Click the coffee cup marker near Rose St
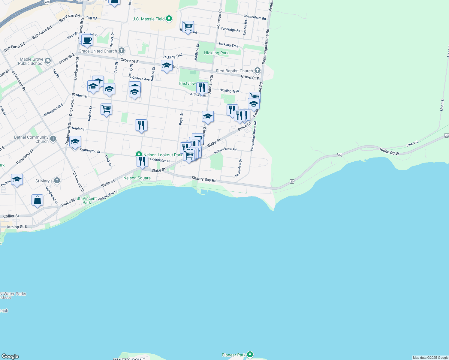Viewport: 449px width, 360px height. tap(87, 40)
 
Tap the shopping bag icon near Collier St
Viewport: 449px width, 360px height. tap(37, 200)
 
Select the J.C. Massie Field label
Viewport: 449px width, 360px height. tap(149, 19)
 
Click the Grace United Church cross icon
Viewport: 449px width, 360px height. tap(122, 51)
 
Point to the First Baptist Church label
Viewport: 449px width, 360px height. tap(234, 71)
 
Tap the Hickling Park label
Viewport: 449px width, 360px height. tap(216, 53)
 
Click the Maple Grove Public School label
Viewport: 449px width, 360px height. tap(31, 61)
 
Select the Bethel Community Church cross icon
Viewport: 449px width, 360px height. tap(53, 139)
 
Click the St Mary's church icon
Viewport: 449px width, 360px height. tap(57, 181)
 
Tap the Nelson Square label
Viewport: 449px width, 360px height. tap(137, 178)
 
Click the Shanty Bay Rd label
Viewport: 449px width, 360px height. tap(204, 179)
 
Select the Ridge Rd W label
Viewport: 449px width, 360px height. tap(389, 151)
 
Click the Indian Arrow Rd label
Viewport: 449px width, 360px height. tap(225, 151)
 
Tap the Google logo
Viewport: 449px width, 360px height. tap(10, 356)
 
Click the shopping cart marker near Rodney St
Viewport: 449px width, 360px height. tap(106, 109)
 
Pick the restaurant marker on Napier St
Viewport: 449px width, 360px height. tap(141, 125)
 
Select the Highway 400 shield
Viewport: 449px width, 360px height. tap(47, 2)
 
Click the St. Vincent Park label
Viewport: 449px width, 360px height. tap(86, 200)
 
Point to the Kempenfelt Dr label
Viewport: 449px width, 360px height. tap(108, 196)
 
